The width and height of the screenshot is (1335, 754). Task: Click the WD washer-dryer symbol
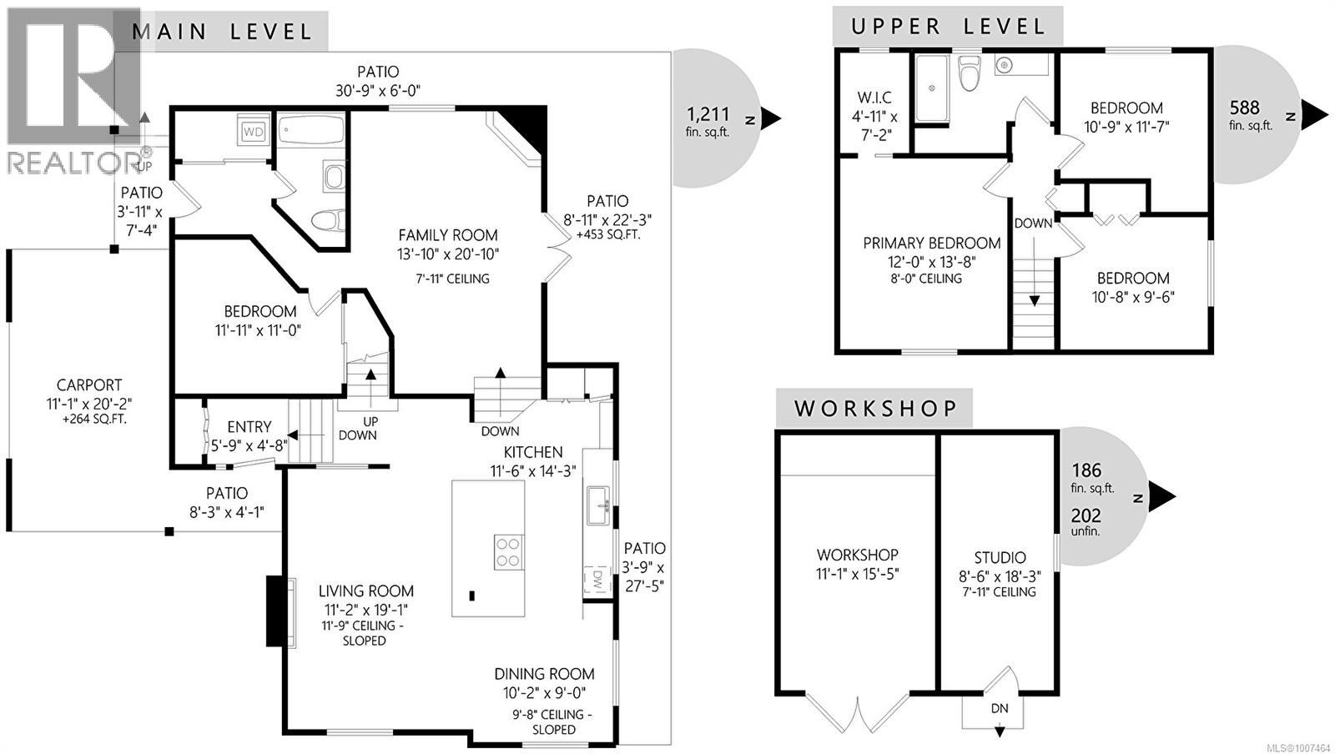point(254,131)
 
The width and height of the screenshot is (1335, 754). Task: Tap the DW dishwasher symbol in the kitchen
point(597,578)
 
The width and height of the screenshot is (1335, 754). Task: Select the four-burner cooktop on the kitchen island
point(508,552)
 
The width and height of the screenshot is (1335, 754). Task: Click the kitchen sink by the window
point(597,505)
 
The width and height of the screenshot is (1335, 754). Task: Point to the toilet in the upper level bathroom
point(970,72)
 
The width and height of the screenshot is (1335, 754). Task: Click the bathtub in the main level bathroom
point(311,129)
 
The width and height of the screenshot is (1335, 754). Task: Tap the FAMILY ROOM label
point(448,235)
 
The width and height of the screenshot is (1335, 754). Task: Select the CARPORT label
point(88,385)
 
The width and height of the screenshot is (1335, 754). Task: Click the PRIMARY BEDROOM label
point(931,243)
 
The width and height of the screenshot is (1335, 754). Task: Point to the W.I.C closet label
point(874,97)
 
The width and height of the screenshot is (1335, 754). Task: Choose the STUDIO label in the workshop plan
point(1000,557)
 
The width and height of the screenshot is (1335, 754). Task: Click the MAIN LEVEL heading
point(222,32)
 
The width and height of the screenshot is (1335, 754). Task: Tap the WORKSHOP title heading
point(875,409)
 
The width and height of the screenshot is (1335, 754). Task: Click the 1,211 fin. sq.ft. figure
point(708,122)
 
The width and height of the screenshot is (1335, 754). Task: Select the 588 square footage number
point(1245,108)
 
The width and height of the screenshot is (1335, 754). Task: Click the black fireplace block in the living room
point(276,611)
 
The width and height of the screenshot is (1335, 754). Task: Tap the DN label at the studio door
point(1000,708)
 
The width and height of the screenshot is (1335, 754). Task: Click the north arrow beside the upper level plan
point(1314,116)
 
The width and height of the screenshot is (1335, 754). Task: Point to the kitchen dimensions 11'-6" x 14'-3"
point(533,471)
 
